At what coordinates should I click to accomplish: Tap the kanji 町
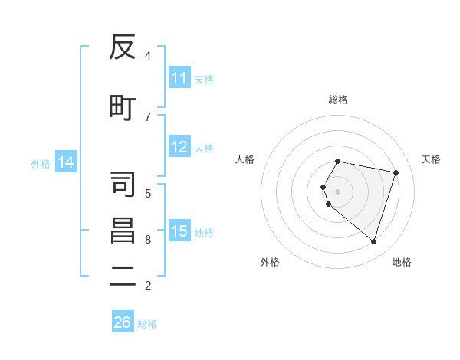123,108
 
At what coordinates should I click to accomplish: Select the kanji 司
123,185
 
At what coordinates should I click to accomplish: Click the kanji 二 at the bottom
123,277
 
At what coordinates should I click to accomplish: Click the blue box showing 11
179,78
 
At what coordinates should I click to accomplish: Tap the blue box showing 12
179,147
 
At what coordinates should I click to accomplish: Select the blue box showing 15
179,231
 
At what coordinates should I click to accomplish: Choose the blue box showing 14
65,162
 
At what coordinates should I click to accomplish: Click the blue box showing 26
123,322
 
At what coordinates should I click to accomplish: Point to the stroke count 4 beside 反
148,56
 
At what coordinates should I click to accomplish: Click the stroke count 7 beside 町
148,116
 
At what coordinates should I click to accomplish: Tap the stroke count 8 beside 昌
148,240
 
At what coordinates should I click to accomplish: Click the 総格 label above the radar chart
338,100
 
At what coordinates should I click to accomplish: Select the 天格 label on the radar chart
431,159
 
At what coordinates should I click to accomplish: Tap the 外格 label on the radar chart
270,262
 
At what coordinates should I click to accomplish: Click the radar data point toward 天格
396,172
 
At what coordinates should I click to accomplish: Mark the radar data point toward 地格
373,241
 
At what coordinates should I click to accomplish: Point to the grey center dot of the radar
338,191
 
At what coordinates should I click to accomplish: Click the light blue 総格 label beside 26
147,324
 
